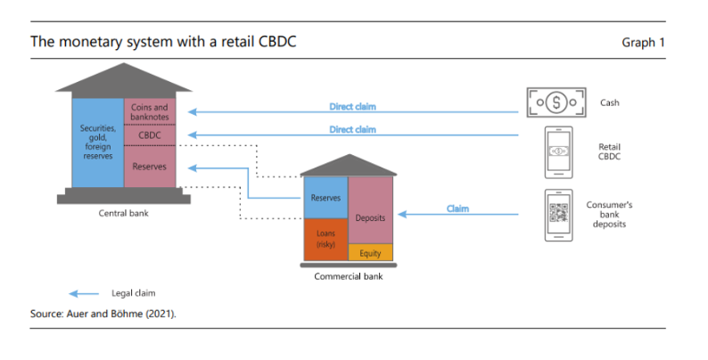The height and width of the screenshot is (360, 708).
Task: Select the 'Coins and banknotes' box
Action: (150, 113)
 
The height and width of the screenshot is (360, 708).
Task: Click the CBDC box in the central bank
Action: (150, 136)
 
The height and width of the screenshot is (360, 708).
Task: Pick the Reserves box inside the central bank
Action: (150, 167)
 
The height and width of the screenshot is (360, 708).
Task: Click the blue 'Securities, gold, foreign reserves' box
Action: (96, 143)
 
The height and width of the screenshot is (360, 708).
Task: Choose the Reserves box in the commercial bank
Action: (325, 197)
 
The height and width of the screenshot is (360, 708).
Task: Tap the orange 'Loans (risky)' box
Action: (325, 239)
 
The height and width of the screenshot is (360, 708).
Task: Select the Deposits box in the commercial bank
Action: (369, 217)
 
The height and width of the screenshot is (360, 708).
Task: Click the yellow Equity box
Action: (369, 253)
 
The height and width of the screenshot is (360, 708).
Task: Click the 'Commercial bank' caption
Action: (349, 276)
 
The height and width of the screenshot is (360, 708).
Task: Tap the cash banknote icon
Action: (558, 102)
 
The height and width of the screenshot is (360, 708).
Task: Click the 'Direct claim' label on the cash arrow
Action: (352, 107)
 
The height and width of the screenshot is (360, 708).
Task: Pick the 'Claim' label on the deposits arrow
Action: (457, 209)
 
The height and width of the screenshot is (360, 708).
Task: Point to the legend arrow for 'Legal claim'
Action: (85, 292)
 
